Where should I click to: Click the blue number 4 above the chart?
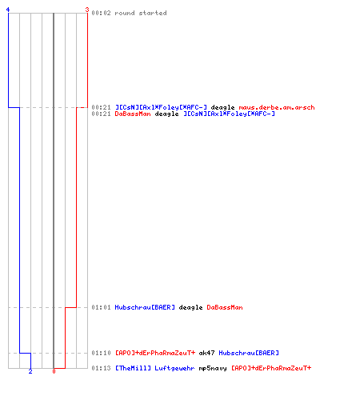(x=8, y=10)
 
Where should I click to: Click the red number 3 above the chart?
(x=87, y=10)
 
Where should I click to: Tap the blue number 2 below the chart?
(x=30, y=371)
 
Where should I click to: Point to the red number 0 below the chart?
(x=54, y=371)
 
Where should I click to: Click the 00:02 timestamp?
(x=101, y=13)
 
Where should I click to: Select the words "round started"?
(x=141, y=13)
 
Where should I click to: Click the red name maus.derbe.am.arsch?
(x=277, y=107)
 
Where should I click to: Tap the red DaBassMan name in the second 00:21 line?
(x=133, y=114)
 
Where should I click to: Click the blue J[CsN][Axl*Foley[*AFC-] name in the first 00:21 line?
(x=161, y=107)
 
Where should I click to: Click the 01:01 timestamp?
(x=101, y=307)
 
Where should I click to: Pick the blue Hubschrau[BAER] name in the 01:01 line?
(x=145, y=307)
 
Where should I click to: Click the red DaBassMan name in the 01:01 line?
(x=225, y=307)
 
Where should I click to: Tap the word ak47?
(x=206, y=353)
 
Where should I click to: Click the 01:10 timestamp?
(x=101, y=353)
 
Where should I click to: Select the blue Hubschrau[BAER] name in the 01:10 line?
(x=249, y=353)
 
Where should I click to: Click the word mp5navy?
(x=213, y=368)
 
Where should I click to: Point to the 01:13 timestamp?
(x=101, y=368)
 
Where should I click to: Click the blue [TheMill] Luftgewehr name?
(x=154, y=368)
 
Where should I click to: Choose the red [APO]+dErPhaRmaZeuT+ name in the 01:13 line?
(x=271, y=368)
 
